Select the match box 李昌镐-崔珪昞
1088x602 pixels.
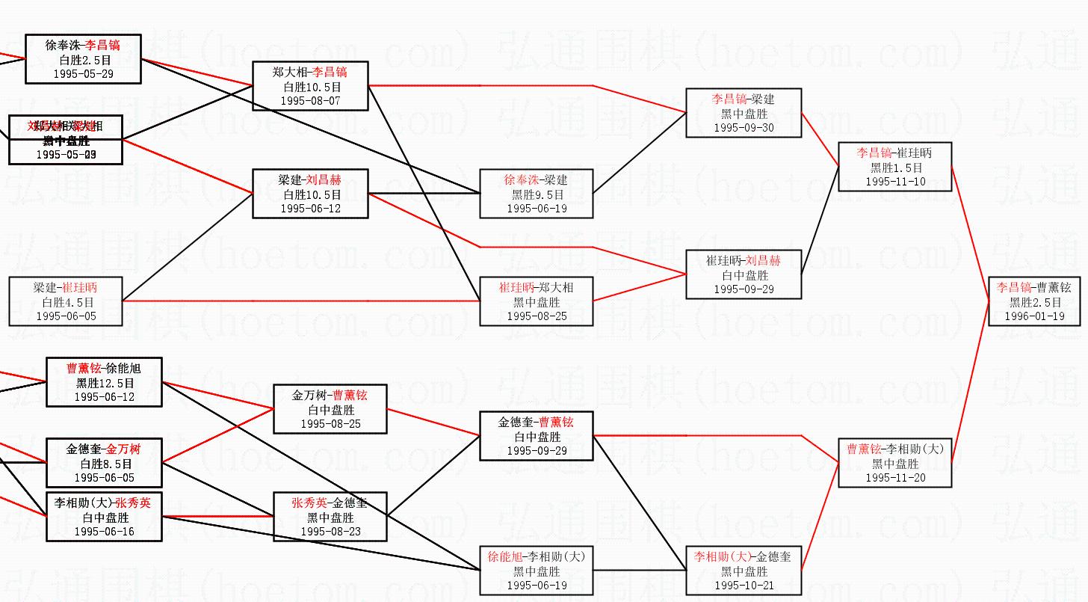894,166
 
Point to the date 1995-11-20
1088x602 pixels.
894,477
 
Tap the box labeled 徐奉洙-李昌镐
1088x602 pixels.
83,58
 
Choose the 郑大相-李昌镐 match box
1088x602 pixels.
310,85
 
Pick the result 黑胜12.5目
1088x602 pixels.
105,383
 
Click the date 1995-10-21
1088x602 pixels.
744,585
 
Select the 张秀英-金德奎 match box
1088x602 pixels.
330,517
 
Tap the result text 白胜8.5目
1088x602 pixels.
105,464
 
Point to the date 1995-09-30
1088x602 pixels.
744,127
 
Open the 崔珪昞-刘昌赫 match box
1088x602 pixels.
744,274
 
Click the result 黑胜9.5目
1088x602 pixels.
537,194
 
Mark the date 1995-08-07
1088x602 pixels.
310,100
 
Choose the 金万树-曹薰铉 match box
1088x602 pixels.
330,409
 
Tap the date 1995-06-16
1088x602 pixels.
105,531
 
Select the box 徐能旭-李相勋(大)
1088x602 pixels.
537,571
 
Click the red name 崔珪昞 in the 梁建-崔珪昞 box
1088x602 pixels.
80,287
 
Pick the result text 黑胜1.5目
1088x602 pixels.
894,167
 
